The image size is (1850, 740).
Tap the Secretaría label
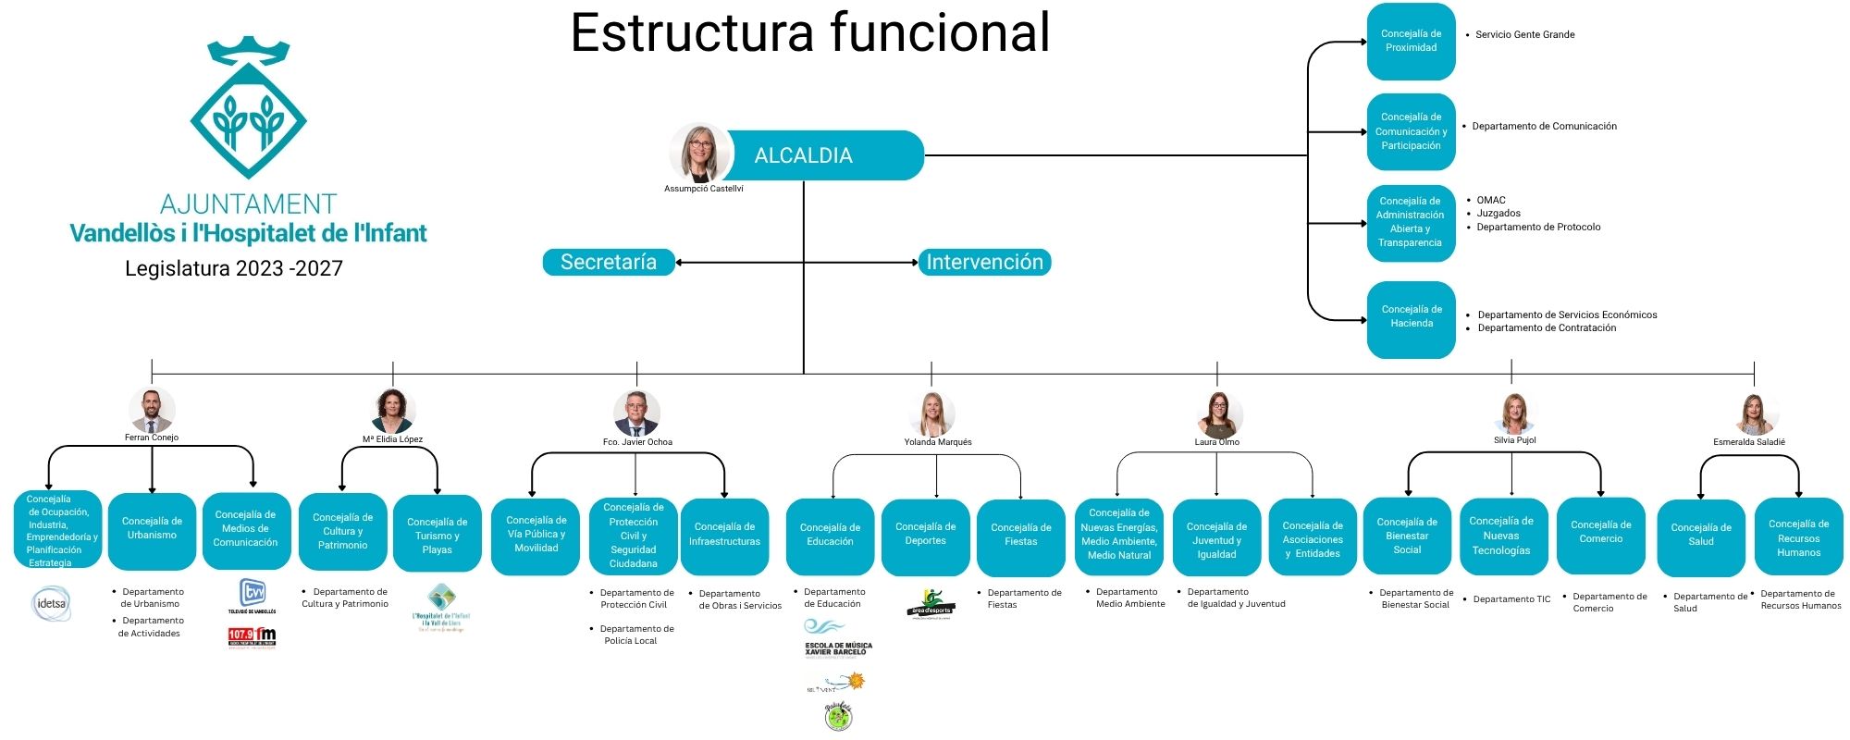pyautogui.click(x=608, y=263)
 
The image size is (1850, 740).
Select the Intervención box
pyautogui.click(x=984, y=263)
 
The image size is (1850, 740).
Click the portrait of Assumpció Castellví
pyautogui.click(x=700, y=153)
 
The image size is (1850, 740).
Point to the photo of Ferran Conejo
pyautogui.click(x=152, y=411)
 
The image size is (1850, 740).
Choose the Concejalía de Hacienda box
pyautogui.click(x=1411, y=317)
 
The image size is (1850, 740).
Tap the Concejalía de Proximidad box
pyautogui.click(x=1411, y=42)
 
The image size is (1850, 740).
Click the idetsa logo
pyautogui.click(x=51, y=604)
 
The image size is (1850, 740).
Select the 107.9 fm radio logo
pyautogui.click(x=252, y=636)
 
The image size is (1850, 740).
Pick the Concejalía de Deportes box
pyautogui.click(x=925, y=536)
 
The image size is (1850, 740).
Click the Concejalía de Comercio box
pyautogui.click(x=1600, y=534)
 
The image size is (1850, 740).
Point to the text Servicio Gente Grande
pyautogui.click(x=1524, y=35)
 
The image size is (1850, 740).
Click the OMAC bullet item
pyautogui.click(x=1490, y=201)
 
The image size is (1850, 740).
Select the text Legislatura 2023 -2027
pyautogui.click(x=234, y=269)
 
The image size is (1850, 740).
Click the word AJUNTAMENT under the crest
pyautogui.click(x=248, y=204)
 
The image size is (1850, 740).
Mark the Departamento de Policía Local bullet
pyautogui.click(x=636, y=635)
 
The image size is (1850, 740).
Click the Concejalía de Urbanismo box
pyautogui.click(x=152, y=530)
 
